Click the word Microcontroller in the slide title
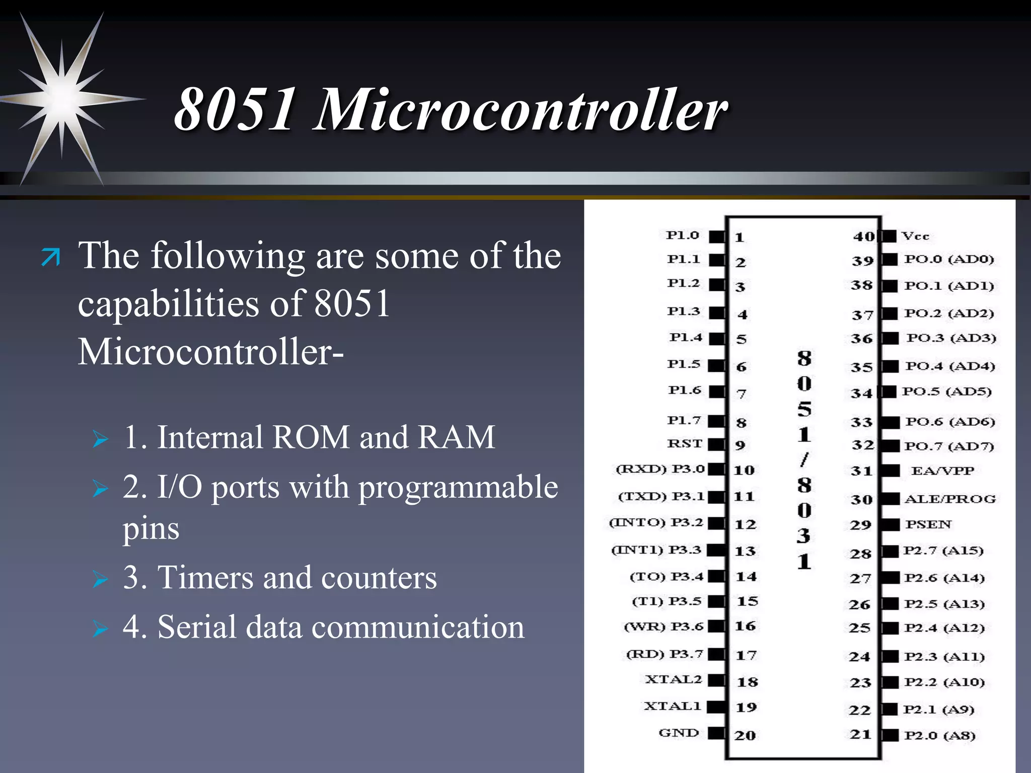pyautogui.click(x=521, y=109)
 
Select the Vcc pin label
pyautogui.click(x=915, y=236)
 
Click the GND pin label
pyautogui.click(x=679, y=733)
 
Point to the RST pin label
pyautogui.click(x=684, y=443)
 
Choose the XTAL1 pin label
pyautogui.click(x=673, y=706)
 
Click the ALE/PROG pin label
pyautogui.click(x=950, y=499)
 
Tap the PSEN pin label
pyautogui.click(x=928, y=524)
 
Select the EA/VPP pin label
pyautogui.click(x=942, y=471)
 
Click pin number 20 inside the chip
pyautogui.click(x=745, y=735)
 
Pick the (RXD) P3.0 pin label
pyautogui.click(x=659, y=469)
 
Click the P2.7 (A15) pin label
pyautogui.click(x=943, y=551)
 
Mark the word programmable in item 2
pyautogui.click(x=458, y=487)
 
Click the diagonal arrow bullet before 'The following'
pyautogui.click(x=50, y=257)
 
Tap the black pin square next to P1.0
pyautogui.click(x=716, y=236)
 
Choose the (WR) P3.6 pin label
pyautogui.click(x=664, y=627)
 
